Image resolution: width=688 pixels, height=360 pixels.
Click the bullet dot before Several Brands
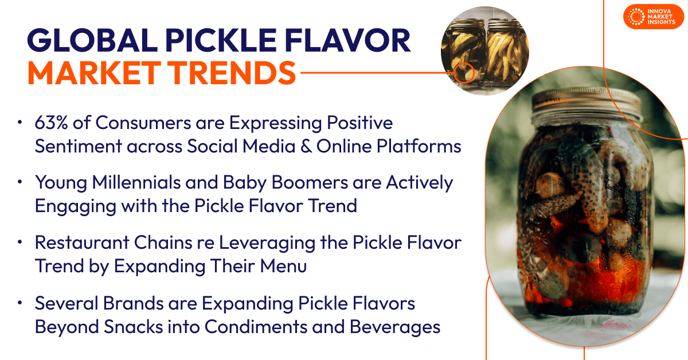pos(21,303)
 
